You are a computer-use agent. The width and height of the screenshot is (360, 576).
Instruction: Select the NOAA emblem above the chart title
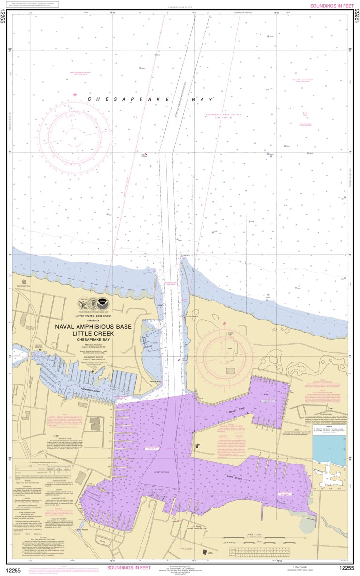tap(102, 304)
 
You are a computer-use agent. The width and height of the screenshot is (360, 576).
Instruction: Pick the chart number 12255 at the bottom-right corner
tap(346, 568)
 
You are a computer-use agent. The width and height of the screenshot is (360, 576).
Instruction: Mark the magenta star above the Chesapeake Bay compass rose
tap(75, 94)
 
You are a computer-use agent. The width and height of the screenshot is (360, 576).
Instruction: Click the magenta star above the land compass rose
tap(237, 323)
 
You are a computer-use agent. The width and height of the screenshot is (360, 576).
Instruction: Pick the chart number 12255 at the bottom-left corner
tap(14, 568)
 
